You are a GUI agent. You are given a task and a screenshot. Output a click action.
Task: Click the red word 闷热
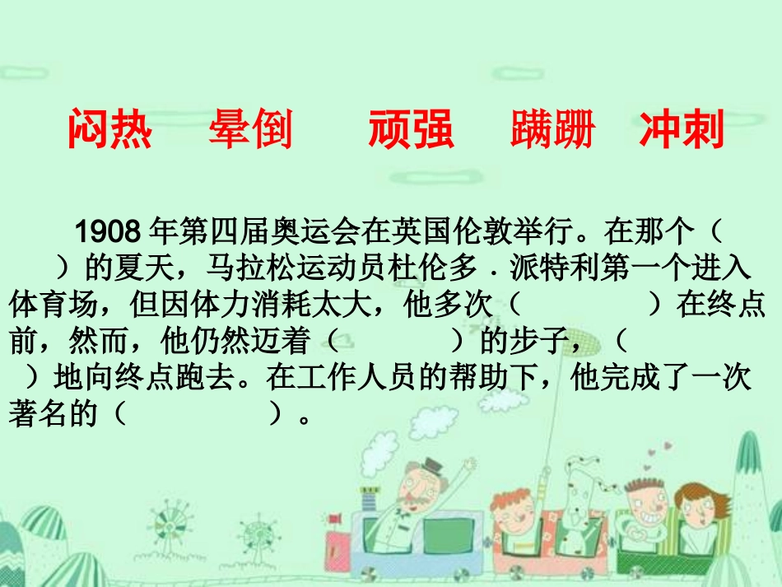click(109, 130)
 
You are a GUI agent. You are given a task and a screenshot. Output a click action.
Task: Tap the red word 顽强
click(411, 130)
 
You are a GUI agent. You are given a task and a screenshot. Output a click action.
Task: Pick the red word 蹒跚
click(552, 130)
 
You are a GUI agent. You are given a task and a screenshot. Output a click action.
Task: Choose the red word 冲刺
click(682, 130)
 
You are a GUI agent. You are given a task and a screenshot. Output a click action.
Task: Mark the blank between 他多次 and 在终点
click(584, 305)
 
